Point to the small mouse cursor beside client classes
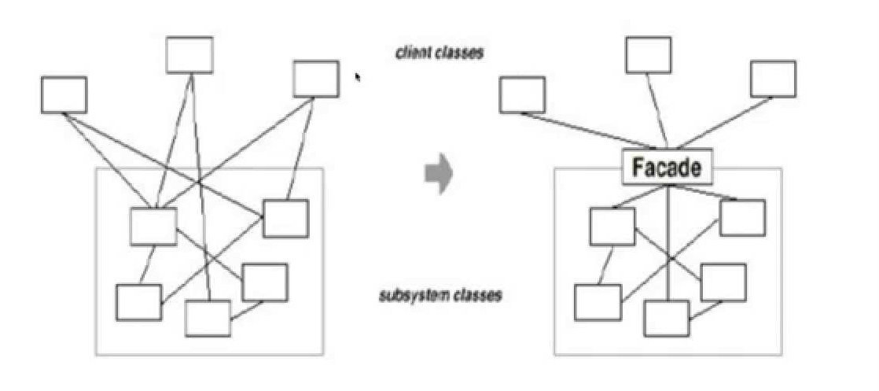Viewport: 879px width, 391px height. [x=359, y=77]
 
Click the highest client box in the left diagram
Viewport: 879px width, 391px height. [x=189, y=54]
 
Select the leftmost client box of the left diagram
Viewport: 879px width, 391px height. [x=64, y=95]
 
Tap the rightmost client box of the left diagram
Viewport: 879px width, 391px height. [x=316, y=79]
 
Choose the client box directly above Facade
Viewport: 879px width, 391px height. [x=649, y=54]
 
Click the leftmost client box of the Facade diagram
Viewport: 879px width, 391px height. [x=522, y=95]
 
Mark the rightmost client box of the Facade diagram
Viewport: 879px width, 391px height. [x=773, y=79]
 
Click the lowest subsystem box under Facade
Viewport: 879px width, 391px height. [x=667, y=318]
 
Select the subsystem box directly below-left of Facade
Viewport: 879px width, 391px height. [x=612, y=227]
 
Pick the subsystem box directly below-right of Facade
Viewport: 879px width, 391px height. [x=742, y=218]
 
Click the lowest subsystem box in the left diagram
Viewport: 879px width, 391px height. [x=208, y=318]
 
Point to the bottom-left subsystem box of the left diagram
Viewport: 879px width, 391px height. [x=139, y=302]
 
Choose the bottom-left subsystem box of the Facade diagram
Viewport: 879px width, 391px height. [x=598, y=303]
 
